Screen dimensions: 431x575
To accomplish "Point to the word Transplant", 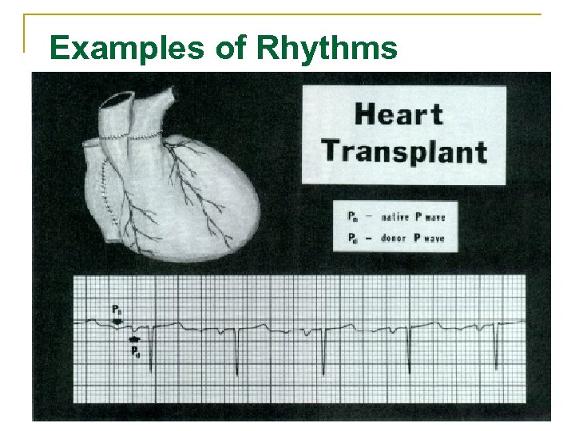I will click(x=404, y=151).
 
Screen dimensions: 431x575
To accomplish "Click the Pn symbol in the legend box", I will click(x=353, y=217).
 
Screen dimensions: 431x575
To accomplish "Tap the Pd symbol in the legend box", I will click(x=353, y=238).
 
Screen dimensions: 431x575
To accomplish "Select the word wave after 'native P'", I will click(x=434, y=217).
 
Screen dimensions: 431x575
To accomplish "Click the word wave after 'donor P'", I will click(x=434, y=238).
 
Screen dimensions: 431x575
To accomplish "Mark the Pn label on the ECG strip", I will click(x=117, y=309).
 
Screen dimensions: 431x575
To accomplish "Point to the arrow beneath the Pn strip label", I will click(x=117, y=321).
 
